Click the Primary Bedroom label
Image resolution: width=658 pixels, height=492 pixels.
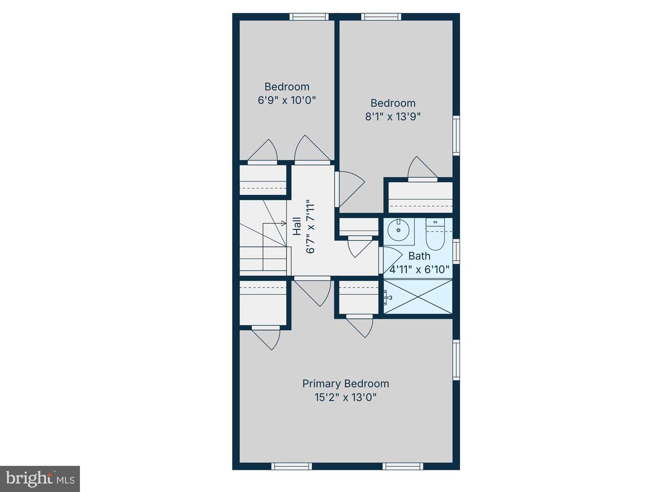coord(345,384)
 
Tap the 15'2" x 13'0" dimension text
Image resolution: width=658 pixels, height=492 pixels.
coord(345,397)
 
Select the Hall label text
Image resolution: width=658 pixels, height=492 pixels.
coord(297,226)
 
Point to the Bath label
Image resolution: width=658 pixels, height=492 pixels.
coord(419,256)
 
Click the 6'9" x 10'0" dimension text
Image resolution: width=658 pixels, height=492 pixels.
coord(287,100)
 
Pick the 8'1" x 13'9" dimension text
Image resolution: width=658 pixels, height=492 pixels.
coord(393,116)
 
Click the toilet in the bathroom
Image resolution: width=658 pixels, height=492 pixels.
coord(435,235)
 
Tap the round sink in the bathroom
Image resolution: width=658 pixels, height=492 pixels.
coord(398,230)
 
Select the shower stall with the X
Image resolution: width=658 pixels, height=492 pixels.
coord(418,297)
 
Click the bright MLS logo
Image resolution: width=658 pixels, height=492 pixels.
coord(40,479)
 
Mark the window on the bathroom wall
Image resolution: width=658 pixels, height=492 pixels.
coord(456,251)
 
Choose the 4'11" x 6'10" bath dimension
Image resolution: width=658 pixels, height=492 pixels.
coord(419,270)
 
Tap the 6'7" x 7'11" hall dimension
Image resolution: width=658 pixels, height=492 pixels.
coord(311,226)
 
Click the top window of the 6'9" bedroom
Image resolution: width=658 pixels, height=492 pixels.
coord(309,17)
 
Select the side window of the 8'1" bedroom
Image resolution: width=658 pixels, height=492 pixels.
coord(456,136)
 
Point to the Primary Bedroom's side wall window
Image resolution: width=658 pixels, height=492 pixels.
coord(456,360)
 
